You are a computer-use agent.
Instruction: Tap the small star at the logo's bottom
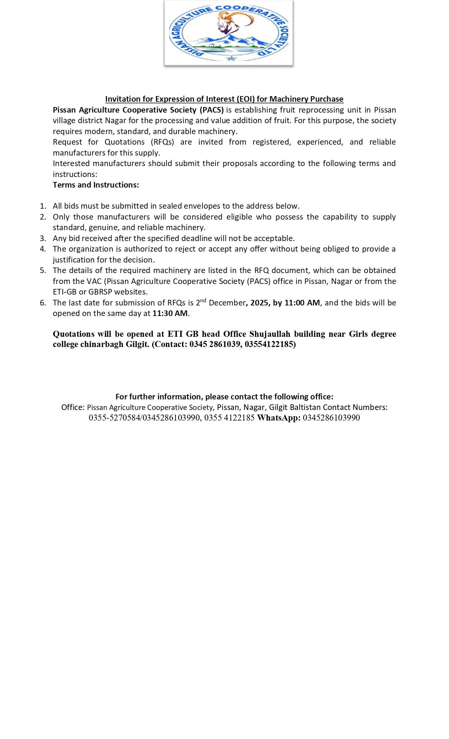point(231,58)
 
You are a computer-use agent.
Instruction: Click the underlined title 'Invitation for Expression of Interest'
point(224,99)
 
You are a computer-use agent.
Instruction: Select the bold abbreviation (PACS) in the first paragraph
point(212,110)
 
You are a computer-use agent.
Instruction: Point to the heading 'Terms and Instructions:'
point(96,185)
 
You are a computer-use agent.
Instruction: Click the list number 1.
point(43,206)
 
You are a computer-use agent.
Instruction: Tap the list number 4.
point(43,249)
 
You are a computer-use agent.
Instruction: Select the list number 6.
point(43,303)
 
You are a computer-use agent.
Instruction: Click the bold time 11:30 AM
point(170,313)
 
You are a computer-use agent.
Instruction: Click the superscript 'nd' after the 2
point(203,300)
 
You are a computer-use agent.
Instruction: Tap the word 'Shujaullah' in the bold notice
point(270,334)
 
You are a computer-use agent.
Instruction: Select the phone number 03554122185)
point(270,344)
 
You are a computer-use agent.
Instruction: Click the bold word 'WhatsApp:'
point(279,418)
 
